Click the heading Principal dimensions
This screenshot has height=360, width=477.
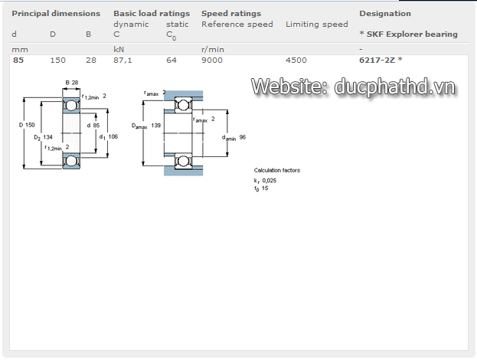(x=56, y=13)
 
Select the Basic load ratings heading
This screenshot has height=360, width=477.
(x=152, y=13)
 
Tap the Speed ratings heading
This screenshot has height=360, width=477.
(x=231, y=13)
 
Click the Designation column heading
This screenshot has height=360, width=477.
(x=385, y=13)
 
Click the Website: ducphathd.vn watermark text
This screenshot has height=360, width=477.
(x=354, y=87)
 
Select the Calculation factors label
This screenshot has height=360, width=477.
(x=277, y=170)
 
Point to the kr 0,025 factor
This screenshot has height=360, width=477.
(x=266, y=180)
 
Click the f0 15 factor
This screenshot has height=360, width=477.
(x=261, y=188)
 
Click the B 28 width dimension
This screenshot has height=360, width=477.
(x=72, y=82)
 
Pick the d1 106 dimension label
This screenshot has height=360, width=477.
(x=107, y=136)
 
